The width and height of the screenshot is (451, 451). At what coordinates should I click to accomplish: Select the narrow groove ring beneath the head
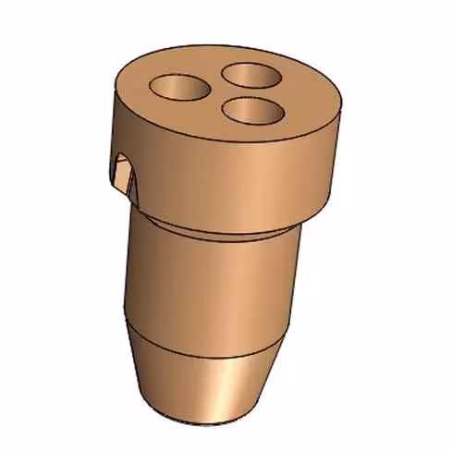tap(222, 228)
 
